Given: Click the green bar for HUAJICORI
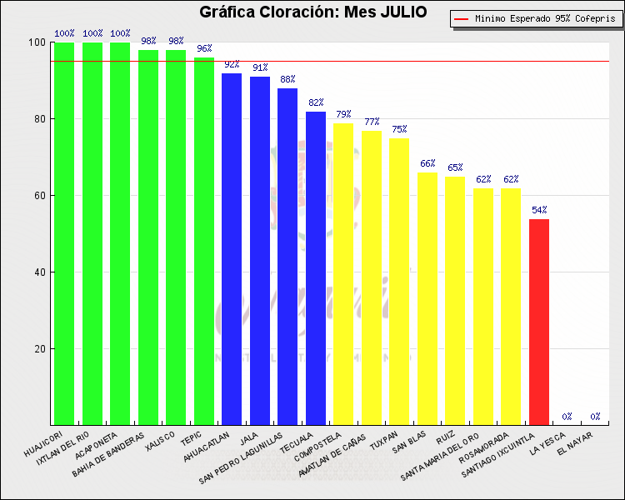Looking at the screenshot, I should pyautogui.click(x=64, y=233).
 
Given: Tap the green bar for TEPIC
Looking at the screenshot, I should pyautogui.click(x=204, y=241).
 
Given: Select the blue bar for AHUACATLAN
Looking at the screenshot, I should pyautogui.click(x=232, y=249).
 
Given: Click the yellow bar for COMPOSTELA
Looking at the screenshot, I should pyautogui.click(x=343, y=274).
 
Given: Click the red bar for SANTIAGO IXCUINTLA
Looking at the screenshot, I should pyautogui.click(x=539, y=322).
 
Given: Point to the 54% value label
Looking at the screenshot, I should pyautogui.click(x=539, y=210).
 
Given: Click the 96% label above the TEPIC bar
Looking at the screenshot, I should pyautogui.click(x=204, y=48).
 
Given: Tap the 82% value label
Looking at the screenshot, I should pyautogui.click(x=316, y=102).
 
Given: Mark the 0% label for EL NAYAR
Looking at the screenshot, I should pyautogui.click(x=595, y=417).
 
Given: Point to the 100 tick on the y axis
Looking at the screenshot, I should pyautogui.click(x=37, y=42).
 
